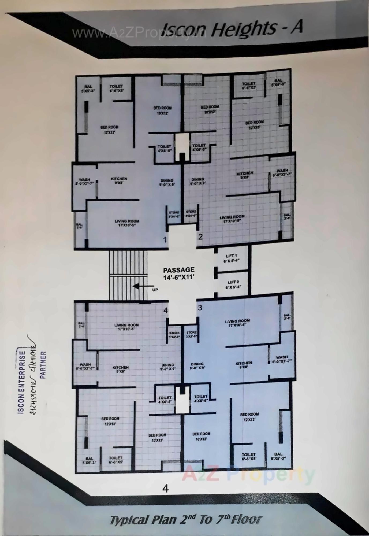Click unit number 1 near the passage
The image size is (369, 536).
(165, 239)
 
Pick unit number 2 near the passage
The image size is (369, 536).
(200, 237)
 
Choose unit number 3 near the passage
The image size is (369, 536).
(200, 308)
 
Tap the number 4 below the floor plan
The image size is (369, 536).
(166, 488)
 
